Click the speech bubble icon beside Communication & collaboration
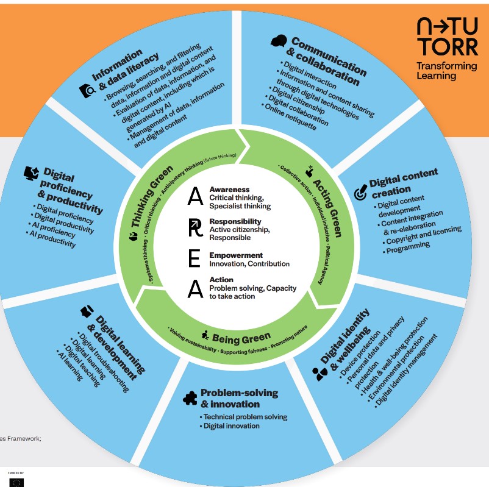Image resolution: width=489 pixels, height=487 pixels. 279,41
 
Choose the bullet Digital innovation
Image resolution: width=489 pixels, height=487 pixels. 232,426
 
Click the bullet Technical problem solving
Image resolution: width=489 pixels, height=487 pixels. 245,417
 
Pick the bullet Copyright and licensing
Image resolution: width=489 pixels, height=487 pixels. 424,235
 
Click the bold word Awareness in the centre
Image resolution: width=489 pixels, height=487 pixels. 229,190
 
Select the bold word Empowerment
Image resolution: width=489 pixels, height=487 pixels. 236,255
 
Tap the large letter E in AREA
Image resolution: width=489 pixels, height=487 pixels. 195,258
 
